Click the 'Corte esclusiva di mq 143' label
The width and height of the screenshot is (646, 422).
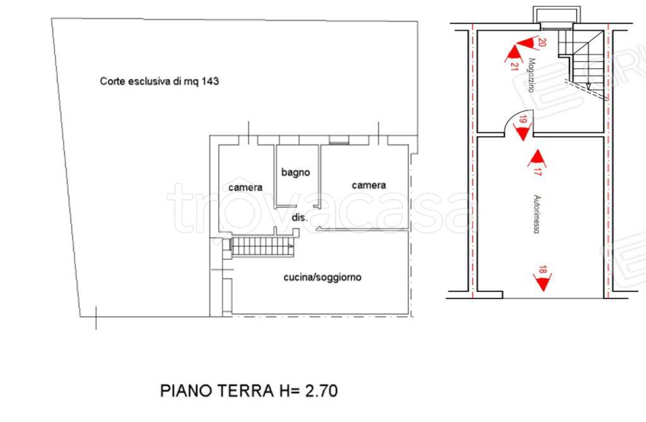point(159,81)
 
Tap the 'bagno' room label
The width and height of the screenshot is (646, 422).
point(296,172)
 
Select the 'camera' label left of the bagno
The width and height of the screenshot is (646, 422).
point(245,187)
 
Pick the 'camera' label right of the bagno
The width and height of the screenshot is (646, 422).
point(368,185)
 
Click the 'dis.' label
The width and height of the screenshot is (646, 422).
point(299,217)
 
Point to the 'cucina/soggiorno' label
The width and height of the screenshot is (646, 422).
point(322,277)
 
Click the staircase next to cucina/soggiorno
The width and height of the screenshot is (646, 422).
point(261,246)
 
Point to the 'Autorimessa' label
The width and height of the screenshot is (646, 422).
point(535,214)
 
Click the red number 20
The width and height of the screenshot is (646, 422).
point(541,42)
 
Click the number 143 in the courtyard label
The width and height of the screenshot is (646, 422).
point(211,81)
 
